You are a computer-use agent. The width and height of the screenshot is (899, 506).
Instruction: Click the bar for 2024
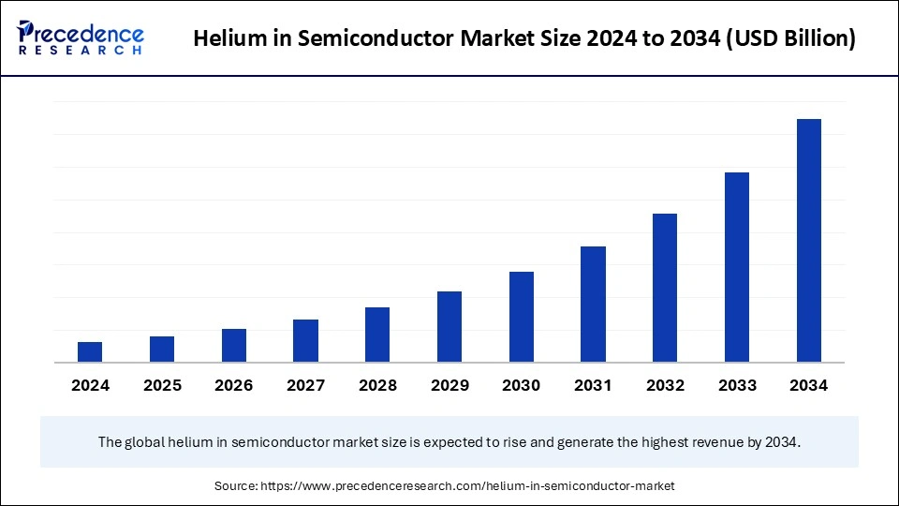tap(90, 352)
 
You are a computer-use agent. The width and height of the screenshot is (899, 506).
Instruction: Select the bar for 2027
tap(305, 341)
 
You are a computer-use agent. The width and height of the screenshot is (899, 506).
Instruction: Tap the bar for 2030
tap(522, 317)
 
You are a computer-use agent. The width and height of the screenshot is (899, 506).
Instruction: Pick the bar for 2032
tap(665, 288)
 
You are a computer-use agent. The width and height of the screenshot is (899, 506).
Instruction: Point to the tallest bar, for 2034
tap(809, 241)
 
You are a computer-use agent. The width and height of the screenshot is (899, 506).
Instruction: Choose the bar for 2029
tap(449, 327)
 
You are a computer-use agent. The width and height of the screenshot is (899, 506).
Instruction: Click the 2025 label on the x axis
tap(162, 385)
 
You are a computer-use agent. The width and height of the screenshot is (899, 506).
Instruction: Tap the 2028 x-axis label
tap(377, 385)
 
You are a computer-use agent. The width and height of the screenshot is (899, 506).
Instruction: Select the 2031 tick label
tap(593, 385)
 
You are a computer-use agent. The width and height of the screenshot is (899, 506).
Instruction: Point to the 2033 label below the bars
tap(737, 385)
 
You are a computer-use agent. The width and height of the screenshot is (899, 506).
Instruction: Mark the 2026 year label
tap(234, 385)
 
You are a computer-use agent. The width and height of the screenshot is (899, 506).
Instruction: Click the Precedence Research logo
tap(81, 38)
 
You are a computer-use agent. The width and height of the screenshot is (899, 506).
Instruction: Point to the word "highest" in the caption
tap(659, 441)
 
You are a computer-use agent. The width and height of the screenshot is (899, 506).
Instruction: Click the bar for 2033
tap(737, 267)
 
